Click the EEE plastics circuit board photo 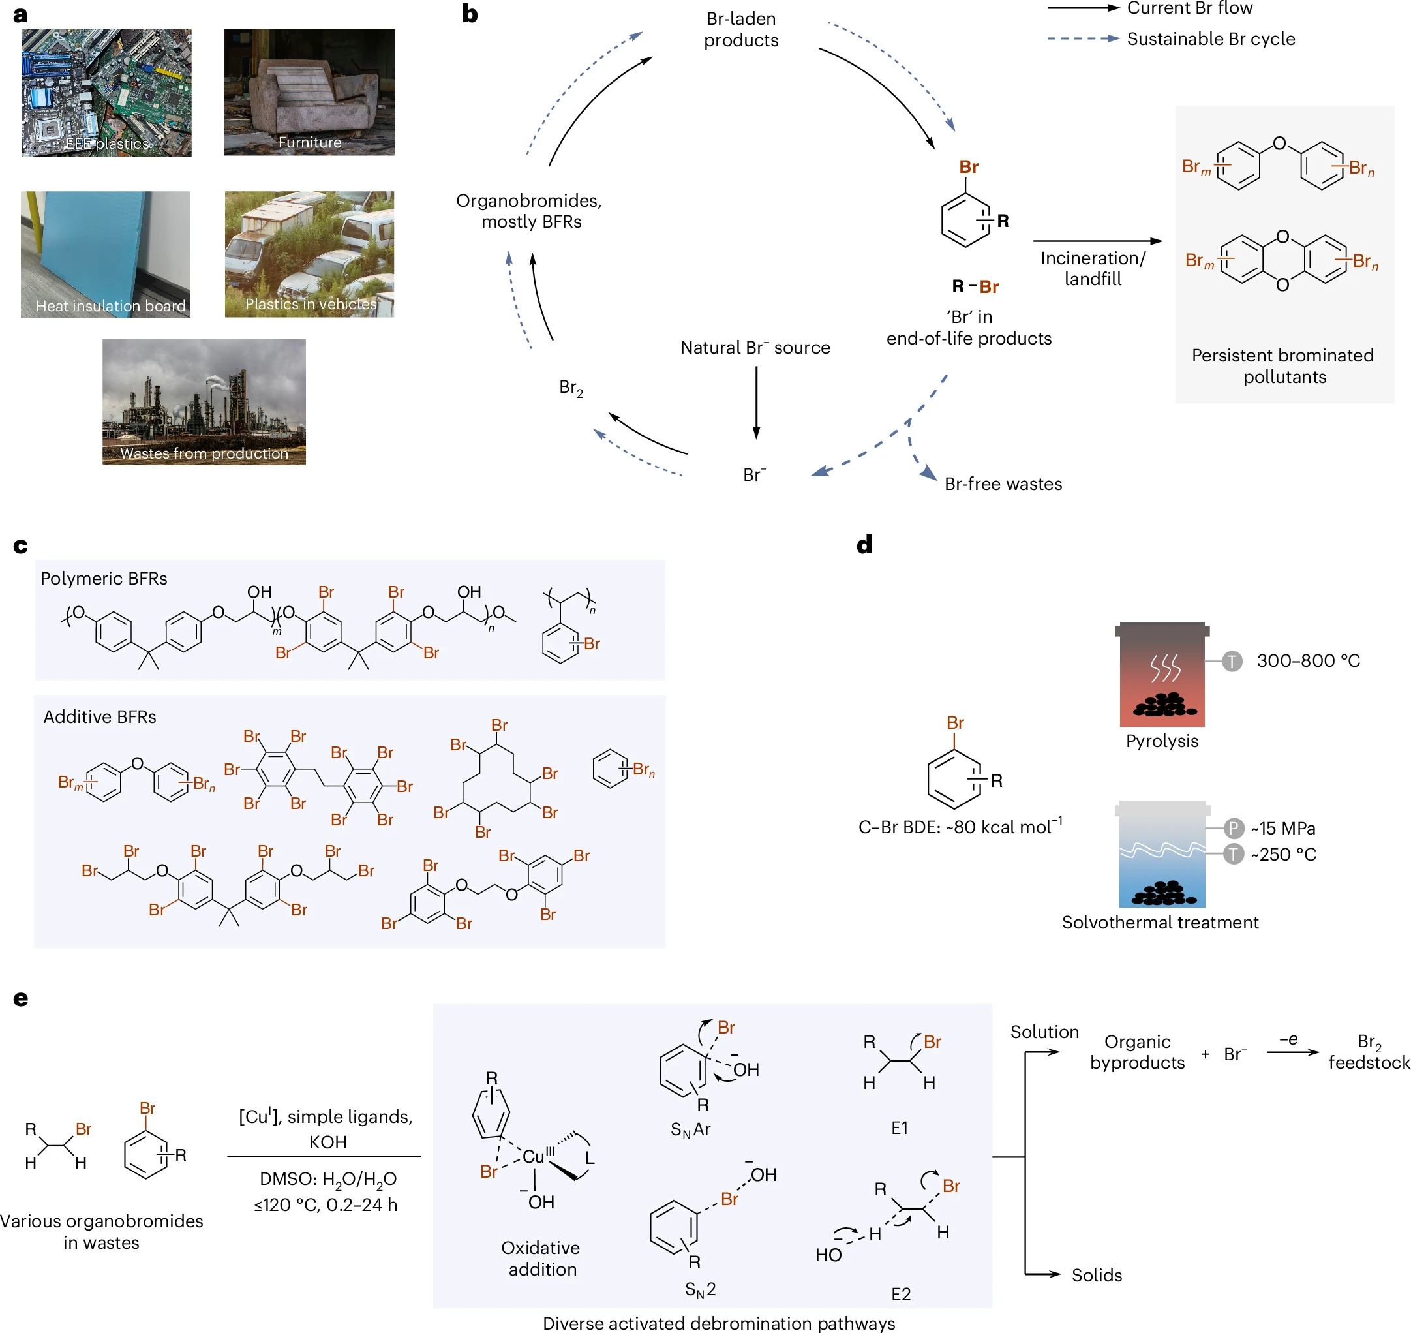pos(106,93)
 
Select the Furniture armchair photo pos(309,93)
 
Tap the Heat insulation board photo pos(105,254)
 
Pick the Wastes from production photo pos(204,401)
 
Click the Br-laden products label pos(740,29)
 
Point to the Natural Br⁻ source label pos(755,348)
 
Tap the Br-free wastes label pos(1003,484)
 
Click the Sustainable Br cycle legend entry pos(1210,39)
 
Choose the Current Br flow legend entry pos(1189,8)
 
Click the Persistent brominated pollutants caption pos(1282,365)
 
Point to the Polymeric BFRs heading pos(104,578)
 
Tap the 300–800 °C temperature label pos(1307,661)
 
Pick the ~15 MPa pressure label pos(1282,829)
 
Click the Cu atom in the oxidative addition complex pos(534,1157)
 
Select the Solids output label pos(1097,1276)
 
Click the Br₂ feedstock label pos(1369,1052)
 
